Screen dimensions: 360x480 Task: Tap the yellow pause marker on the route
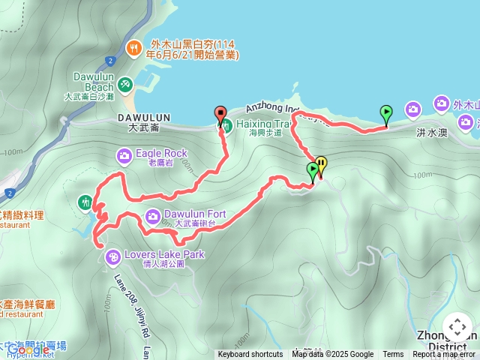point(321,163)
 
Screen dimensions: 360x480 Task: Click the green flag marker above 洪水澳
point(385,114)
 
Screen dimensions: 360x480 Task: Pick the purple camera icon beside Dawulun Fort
point(152,217)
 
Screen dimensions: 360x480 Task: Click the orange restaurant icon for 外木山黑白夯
point(134,47)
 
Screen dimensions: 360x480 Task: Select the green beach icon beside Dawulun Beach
point(125,82)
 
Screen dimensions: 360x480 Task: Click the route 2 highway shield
point(110,60)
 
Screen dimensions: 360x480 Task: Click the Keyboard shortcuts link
point(250,355)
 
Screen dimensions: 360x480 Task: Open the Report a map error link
point(444,355)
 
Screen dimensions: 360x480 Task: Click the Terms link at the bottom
point(393,355)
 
